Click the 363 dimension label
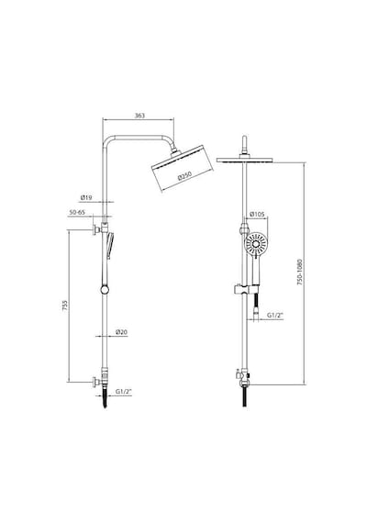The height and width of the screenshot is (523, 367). [x=139, y=116]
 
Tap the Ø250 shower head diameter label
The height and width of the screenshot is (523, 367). [x=184, y=176]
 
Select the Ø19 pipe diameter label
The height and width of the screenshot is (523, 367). [x=85, y=198]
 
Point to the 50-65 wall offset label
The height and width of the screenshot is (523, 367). [x=77, y=212]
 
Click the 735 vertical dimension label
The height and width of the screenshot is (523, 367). [x=65, y=306]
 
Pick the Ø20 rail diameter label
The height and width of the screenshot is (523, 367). [x=121, y=332]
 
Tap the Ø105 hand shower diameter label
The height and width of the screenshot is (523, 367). [x=258, y=214]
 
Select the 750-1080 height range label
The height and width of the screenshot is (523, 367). [x=300, y=272]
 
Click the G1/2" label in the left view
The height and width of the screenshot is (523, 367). [x=124, y=392]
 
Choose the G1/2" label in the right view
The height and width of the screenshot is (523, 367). [x=275, y=316]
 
